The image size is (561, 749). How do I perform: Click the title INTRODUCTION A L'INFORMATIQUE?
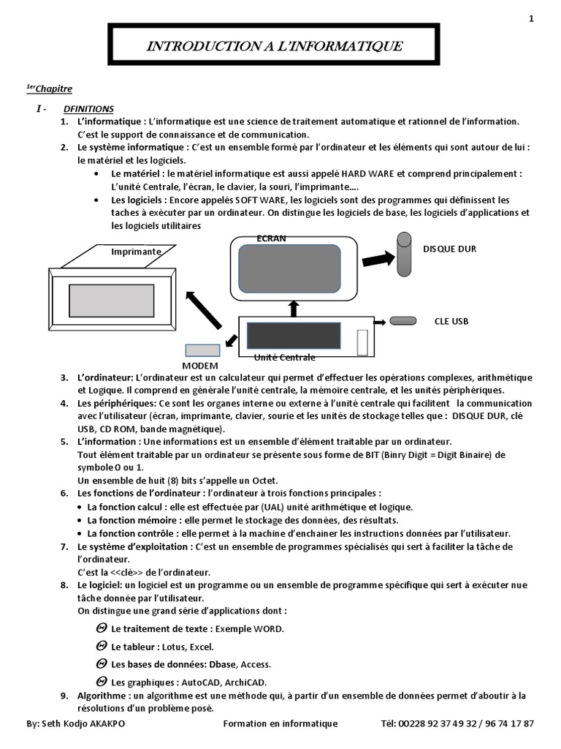coord(274,47)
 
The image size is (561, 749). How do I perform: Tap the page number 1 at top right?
coord(531,19)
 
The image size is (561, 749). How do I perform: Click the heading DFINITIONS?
coord(88,108)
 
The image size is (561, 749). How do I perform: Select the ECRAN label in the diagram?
coord(272,238)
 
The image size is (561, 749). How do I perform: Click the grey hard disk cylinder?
coord(403,254)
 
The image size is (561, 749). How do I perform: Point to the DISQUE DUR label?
coord(449,249)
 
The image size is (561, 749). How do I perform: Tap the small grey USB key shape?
coord(402,320)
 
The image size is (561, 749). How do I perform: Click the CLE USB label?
coord(451,321)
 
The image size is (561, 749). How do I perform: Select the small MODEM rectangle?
coord(202,350)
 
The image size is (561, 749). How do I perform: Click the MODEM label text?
coord(199,365)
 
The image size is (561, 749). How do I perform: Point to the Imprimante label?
coord(136,252)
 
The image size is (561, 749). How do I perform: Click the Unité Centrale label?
coord(285,358)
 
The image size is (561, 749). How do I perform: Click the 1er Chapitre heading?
coord(49,89)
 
